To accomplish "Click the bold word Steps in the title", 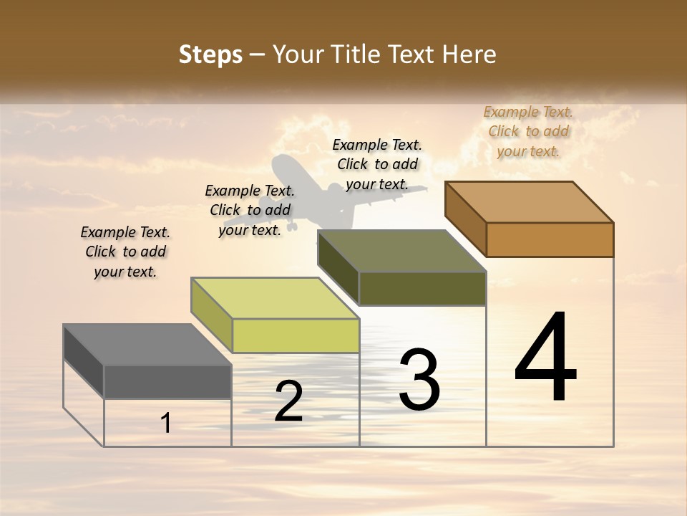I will click(210, 54).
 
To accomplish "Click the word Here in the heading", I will click(469, 54).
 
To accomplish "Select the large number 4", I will click(545, 358).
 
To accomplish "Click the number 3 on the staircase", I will click(419, 380).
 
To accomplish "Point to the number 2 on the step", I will click(288, 401).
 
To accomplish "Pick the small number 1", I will click(166, 423).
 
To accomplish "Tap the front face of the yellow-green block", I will click(296, 335).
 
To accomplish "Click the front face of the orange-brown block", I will click(550, 239).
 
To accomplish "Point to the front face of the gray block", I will click(167, 381).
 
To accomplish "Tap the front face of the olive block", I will click(422, 288).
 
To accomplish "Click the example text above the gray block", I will click(125, 252).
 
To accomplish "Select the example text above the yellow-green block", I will click(250, 210).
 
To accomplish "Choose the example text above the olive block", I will click(377, 164).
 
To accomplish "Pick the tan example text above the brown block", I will click(528, 131).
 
